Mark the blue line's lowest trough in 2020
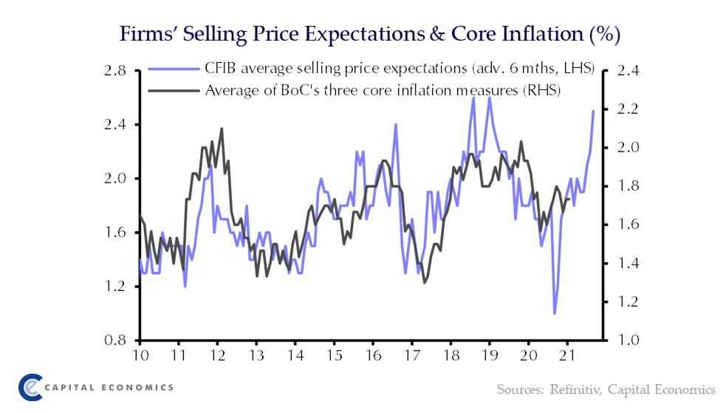click(554, 313)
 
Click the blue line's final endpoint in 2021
click(593, 112)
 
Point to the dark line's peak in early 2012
click(222, 129)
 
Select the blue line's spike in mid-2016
click(395, 124)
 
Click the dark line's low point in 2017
click(425, 282)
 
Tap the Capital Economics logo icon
click(30, 387)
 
